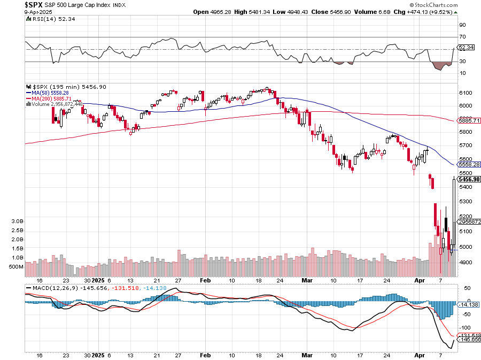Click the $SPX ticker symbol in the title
click(x=34, y=4)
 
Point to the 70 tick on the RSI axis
click(x=463, y=37)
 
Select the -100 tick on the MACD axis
click(x=465, y=327)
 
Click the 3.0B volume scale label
click(x=17, y=221)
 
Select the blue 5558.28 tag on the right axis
click(x=469, y=165)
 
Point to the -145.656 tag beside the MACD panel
click(x=469, y=340)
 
